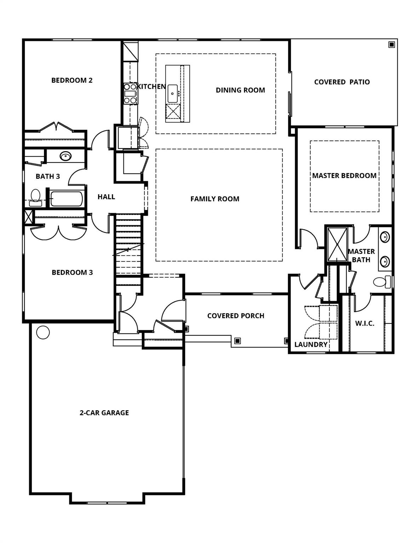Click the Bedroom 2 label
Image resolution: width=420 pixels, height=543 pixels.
pos(72,80)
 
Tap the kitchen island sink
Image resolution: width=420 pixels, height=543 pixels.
pos(173,93)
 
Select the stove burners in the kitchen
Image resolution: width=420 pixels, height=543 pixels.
pos(130,93)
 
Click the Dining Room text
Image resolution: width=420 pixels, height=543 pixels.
pos(240,90)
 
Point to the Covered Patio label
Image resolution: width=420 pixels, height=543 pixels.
pos(342,82)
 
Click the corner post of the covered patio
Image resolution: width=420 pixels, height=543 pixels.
pos(391,45)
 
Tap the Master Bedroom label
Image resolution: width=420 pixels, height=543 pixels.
pos(344,176)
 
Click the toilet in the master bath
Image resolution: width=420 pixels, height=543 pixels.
pos(381,282)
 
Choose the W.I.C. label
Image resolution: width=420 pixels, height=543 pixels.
pos(364,323)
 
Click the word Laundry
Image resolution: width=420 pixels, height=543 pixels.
pos(311,344)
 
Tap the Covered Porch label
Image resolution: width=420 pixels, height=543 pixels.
pos(236,316)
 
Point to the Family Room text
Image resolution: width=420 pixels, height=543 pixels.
pos(215,199)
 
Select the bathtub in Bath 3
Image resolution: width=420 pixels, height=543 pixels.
pos(67,199)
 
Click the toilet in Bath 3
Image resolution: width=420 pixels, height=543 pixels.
pos(35,197)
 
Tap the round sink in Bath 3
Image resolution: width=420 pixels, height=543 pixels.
pos(65,156)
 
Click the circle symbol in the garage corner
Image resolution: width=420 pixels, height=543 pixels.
pos(43,332)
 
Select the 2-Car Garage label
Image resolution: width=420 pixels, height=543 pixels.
pos(104,413)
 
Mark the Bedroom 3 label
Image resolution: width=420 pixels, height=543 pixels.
pos(72,273)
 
